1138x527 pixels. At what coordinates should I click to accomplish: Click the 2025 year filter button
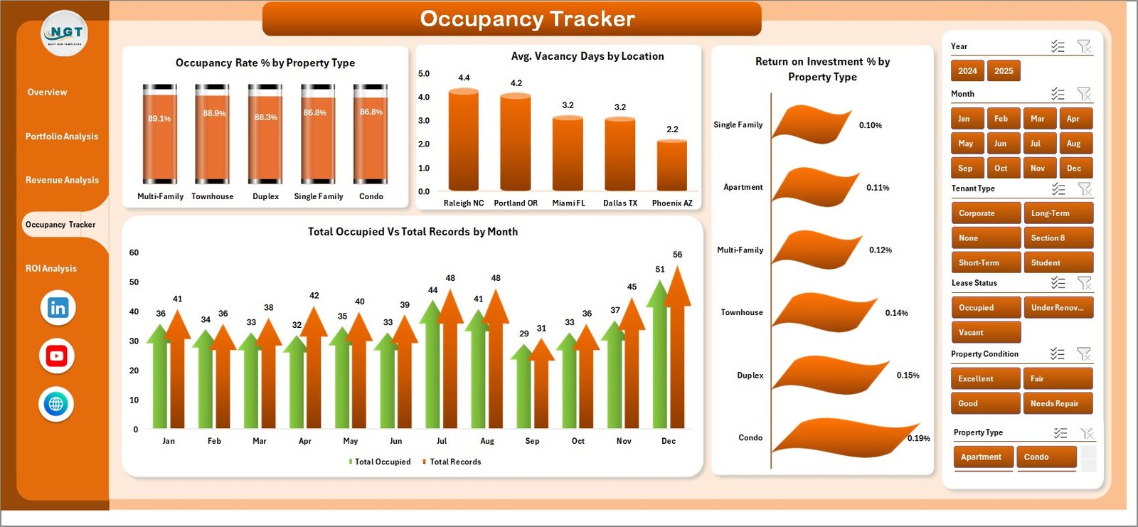[x=1004, y=71]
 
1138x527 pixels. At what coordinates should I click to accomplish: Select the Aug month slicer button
[x=1074, y=144]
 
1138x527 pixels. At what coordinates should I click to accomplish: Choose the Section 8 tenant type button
[x=1057, y=238]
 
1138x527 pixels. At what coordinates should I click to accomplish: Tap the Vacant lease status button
[x=985, y=332]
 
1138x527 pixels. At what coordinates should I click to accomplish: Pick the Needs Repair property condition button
[x=1057, y=403]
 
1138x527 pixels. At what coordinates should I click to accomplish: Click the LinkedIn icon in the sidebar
[x=58, y=308]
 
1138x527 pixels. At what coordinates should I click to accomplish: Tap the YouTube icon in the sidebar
[x=57, y=356]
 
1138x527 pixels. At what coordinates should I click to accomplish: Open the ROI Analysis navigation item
[x=51, y=269]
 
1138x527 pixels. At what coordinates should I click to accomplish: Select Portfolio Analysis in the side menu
[x=62, y=137]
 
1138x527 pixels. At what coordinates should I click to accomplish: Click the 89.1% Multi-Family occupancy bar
[x=160, y=135]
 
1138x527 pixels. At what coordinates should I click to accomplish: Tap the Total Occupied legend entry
[x=382, y=462]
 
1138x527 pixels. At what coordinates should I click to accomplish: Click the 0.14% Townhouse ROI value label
[x=896, y=313]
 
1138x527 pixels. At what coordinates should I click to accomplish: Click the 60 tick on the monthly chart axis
[x=134, y=253]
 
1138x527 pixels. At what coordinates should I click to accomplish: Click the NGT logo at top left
[x=65, y=33]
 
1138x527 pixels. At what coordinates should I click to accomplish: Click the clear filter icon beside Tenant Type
[x=1084, y=189]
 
